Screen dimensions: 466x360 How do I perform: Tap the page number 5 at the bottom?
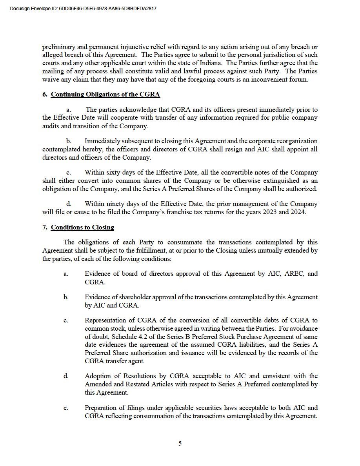[180, 444]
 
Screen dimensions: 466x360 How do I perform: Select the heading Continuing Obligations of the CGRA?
[105, 94]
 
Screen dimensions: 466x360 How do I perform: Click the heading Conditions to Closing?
[82, 228]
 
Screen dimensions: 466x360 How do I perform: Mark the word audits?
[51, 126]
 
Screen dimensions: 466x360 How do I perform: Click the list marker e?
[65, 408]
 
